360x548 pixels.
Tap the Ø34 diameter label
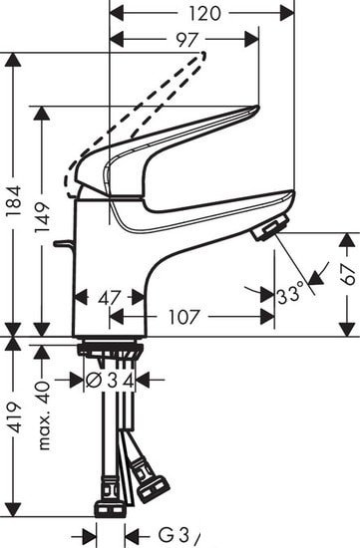point(109,380)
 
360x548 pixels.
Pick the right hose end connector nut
point(152,487)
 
